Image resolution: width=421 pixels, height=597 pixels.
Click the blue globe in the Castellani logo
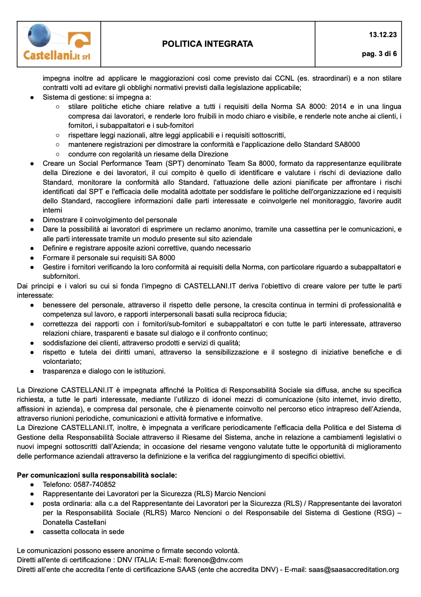pyautogui.click(x=39, y=35)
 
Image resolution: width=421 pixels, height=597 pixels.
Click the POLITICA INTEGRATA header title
pyautogui.click(x=207, y=44)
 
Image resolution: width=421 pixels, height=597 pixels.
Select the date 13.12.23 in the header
pyautogui.click(x=383, y=35)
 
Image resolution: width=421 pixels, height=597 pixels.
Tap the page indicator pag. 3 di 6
pyautogui.click(x=379, y=54)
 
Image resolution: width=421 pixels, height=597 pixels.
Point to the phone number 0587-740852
pyautogui.click(x=95, y=484)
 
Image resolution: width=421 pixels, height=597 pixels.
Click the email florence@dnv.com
pyautogui.click(x=213, y=560)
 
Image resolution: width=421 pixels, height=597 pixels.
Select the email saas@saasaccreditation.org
pyautogui.click(x=354, y=570)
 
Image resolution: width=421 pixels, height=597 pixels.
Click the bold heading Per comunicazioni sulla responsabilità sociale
pyautogui.click(x=97, y=475)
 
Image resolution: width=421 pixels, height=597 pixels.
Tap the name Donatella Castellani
pyautogui.click(x=75, y=522)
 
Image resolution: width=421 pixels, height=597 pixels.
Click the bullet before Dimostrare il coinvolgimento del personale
pyautogui.click(x=32, y=220)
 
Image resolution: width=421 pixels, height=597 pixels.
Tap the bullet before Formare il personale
pyautogui.click(x=32, y=258)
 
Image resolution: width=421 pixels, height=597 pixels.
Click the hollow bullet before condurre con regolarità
pyautogui.click(x=58, y=154)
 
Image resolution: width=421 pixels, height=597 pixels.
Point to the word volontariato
pyautogui.click(x=62, y=361)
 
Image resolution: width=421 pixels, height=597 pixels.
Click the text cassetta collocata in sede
pyautogui.click(x=83, y=532)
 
